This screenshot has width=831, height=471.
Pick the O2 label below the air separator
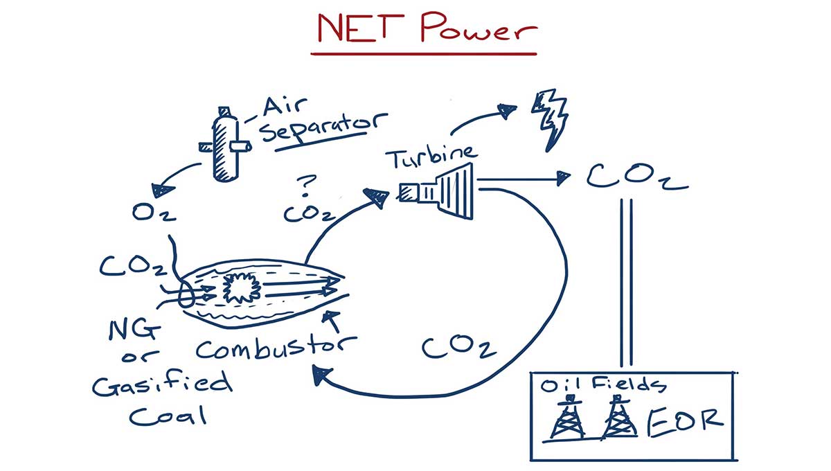(154, 212)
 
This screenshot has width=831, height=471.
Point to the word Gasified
(163, 384)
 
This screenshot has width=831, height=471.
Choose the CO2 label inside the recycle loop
(458, 347)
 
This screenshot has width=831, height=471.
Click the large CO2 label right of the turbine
(636, 177)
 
